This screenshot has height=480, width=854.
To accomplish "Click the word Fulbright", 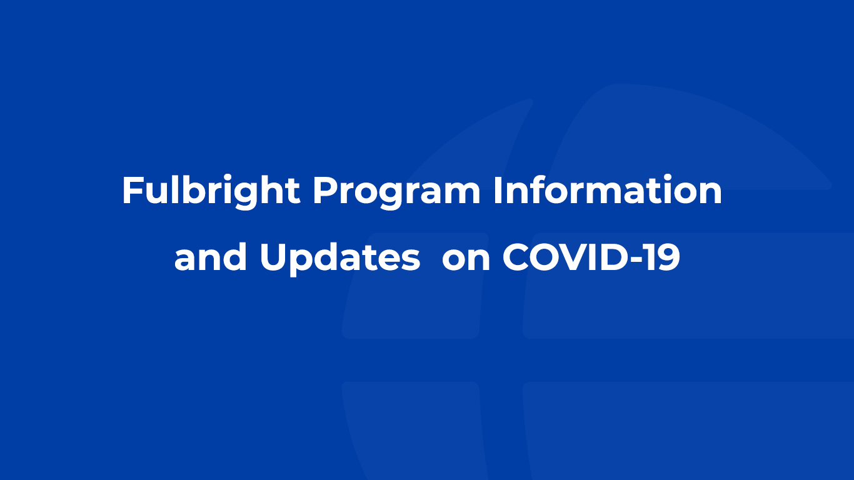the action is click(x=211, y=191).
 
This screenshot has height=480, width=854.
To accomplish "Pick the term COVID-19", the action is click(x=591, y=257).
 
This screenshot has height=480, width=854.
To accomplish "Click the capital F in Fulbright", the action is click(x=132, y=190).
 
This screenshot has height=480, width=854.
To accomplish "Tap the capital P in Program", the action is click(x=326, y=190).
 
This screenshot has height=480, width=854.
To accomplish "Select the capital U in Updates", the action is click(x=273, y=257).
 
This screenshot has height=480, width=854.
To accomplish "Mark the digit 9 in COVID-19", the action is click(x=667, y=257).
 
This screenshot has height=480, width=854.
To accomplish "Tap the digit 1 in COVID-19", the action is click(x=649, y=257).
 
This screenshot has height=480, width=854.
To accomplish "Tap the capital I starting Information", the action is click(x=497, y=190).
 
